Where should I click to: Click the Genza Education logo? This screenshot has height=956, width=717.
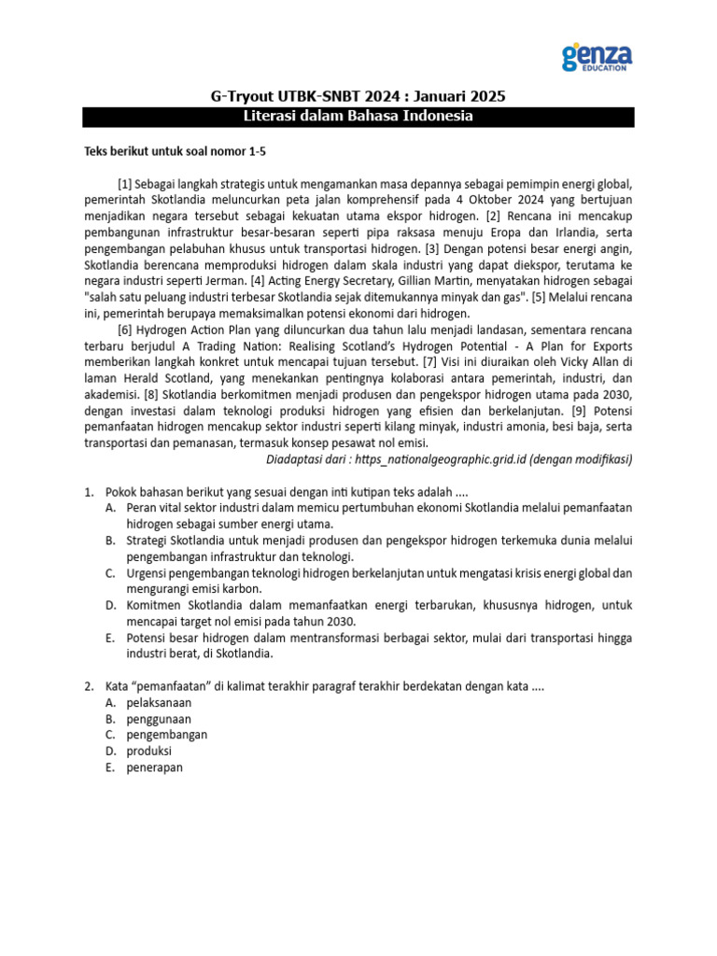(x=597, y=57)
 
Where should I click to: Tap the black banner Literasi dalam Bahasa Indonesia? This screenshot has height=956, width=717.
(x=358, y=117)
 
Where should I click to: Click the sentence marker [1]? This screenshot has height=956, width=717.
(x=125, y=182)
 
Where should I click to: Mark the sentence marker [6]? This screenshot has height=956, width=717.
(x=125, y=329)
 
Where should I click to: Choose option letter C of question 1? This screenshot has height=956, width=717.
(x=110, y=572)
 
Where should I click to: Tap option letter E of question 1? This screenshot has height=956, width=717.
(x=110, y=638)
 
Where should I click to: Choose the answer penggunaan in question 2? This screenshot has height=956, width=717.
(x=160, y=719)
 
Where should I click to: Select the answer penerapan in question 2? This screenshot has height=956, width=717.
(x=155, y=767)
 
